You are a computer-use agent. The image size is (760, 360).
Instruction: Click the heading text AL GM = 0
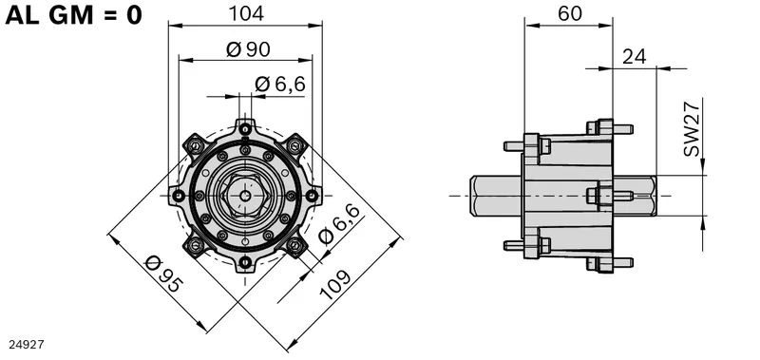[x=74, y=15]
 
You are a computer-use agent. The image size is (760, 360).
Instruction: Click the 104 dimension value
[x=246, y=13]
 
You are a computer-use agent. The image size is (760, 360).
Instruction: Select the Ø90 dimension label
[x=248, y=49]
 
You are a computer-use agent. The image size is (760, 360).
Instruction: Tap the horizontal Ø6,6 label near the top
[x=280, y=84]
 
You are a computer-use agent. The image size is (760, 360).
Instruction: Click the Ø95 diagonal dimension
[x=164, y=275]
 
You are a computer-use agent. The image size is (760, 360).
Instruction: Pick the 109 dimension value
[x=334, y=285]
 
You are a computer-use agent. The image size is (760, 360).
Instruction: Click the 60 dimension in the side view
[x=569, y=13]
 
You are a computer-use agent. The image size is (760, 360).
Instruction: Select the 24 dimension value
[x=634, y=57]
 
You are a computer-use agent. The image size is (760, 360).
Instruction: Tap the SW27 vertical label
[x=692, y=128]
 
